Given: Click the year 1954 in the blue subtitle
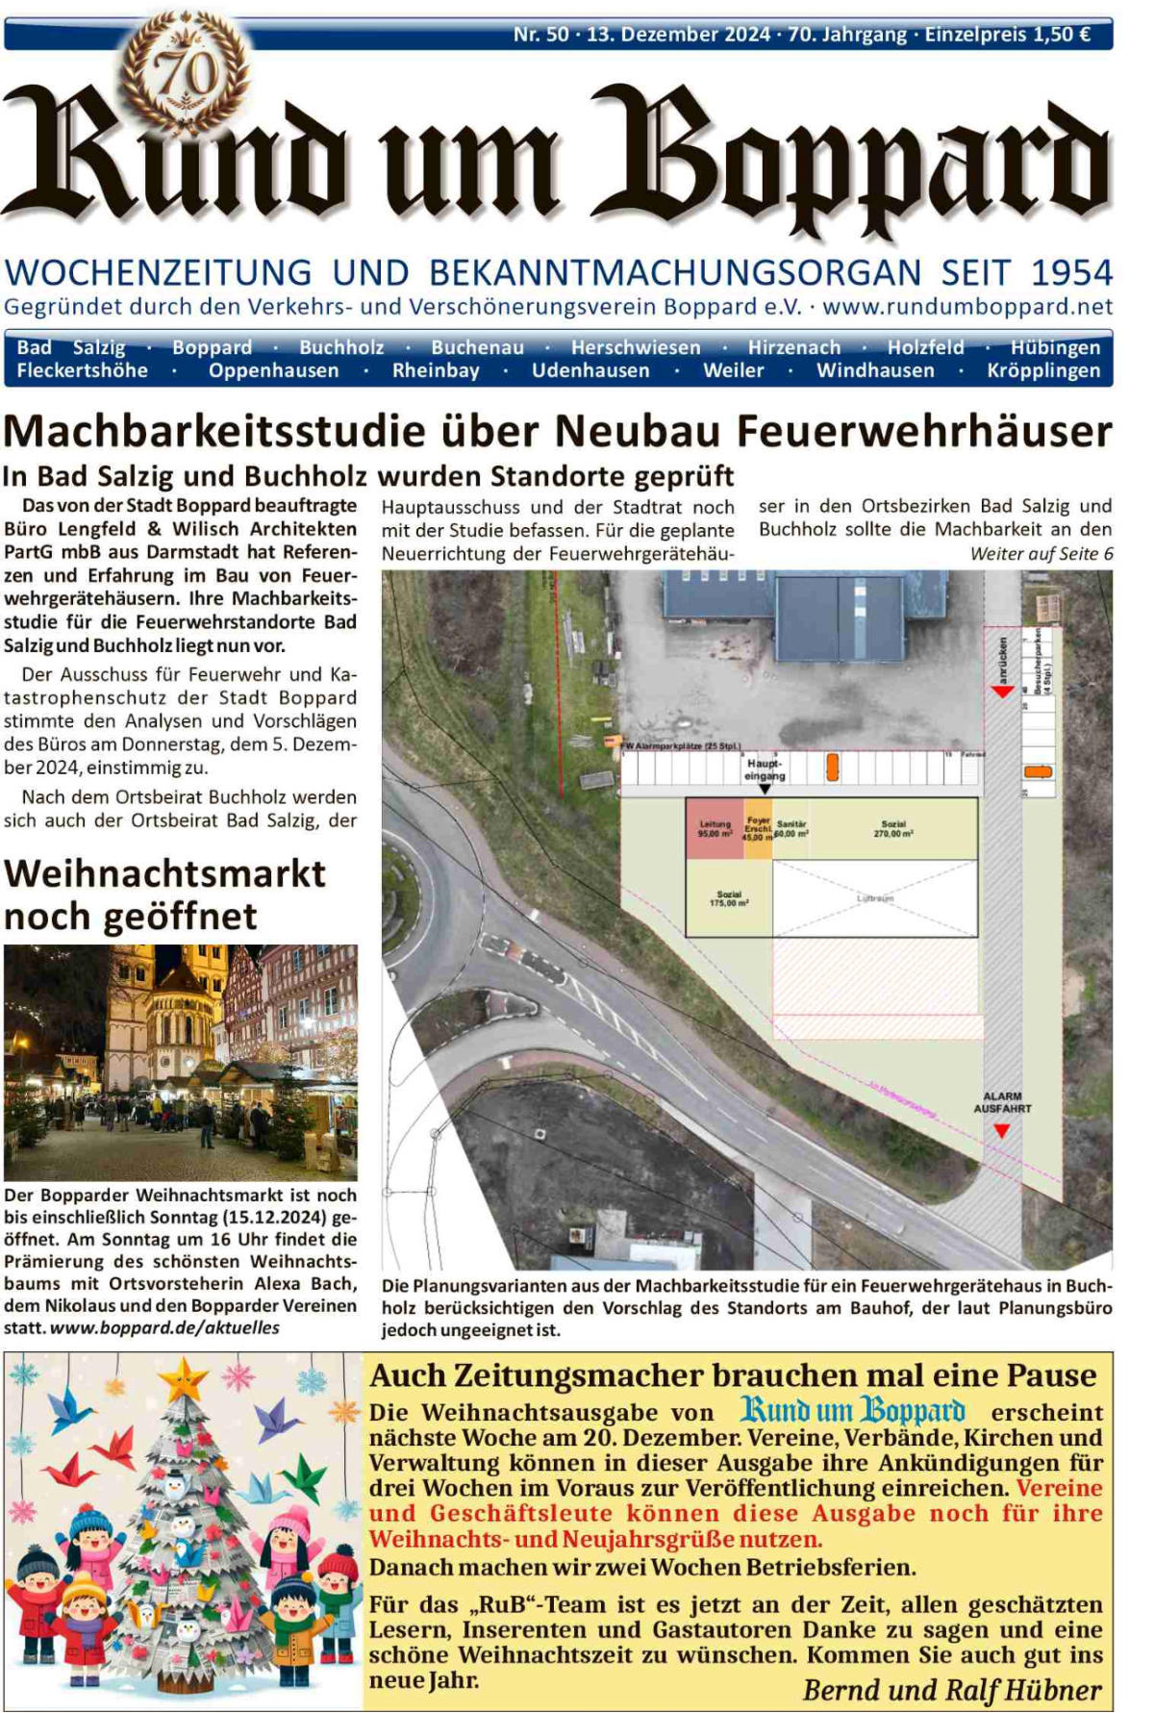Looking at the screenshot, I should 1071,272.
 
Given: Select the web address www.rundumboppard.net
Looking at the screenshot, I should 967,307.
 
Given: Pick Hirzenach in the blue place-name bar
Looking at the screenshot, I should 794,347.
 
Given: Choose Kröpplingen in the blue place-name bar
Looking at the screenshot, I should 1043,370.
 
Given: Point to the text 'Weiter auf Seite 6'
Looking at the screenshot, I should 1041,554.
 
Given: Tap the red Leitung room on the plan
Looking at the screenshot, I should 715,828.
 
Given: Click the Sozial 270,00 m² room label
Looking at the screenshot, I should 893,828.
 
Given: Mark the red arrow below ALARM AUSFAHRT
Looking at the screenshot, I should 1001,1131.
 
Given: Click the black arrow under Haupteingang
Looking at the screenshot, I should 765,789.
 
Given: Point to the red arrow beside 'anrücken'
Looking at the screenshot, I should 1002,692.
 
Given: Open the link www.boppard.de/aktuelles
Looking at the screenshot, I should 164,1328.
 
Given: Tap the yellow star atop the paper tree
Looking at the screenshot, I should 183,1380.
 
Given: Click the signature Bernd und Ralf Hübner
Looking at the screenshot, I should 952,1689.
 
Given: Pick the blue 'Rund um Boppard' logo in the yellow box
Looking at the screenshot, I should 852,1411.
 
